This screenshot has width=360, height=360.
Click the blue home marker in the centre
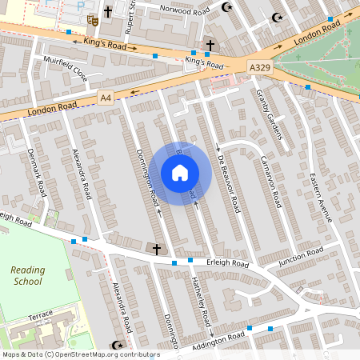pyautogui.click(x=180, y=172)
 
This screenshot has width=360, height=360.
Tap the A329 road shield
pyautogui.click(x=258, y=68)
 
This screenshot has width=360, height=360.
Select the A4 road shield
pyautogui.click(x=106, y=97)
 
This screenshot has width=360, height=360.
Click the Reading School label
pyautogui.click(x=28, y=276)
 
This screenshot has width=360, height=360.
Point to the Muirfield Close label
pyautogui.click(x=66, y=70)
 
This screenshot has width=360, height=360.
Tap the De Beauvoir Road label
pyautogui.click(x=229, y=183)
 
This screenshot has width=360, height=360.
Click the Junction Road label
pyautogui.click(x=301, y=256)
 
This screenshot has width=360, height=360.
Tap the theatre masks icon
pyautogui.click(x=93, y=15)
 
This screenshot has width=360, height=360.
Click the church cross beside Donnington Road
pyautogui.click(x=157, y=250)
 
